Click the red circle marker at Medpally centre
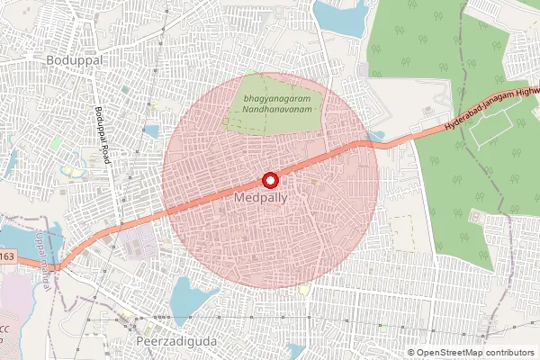point(268,178)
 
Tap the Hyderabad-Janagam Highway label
point(490,112)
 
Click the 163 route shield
point(7,258)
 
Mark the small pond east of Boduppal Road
point(151,131)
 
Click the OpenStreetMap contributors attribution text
point(474,352)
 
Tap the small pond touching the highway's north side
point(375,136)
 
